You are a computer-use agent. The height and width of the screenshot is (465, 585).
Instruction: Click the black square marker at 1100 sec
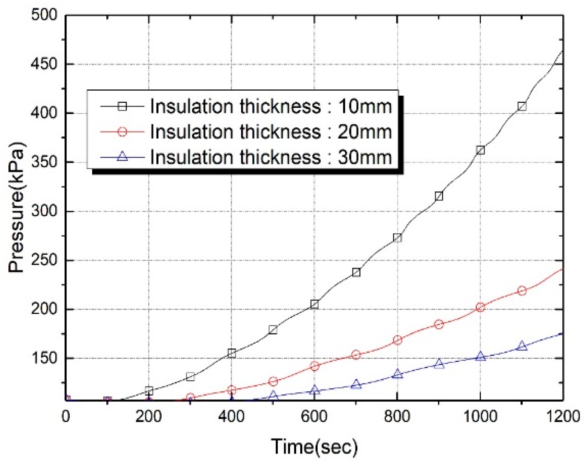coord(522,106)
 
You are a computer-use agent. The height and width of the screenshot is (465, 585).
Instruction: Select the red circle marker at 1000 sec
coord(480,307)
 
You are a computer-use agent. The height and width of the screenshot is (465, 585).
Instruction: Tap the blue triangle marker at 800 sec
coord(398,374)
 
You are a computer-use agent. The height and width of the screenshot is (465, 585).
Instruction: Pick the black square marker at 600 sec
coord(314,304)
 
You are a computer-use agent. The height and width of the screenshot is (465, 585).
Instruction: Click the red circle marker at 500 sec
coord(273,381)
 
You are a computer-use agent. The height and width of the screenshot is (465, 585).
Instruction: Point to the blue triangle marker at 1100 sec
coord(522,346)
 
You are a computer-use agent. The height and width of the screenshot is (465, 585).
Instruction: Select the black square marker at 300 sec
coord(190,377)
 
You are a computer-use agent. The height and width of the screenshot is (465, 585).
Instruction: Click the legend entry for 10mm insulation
coord(271,106)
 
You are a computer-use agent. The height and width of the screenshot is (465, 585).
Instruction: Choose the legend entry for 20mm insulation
coord(271,132)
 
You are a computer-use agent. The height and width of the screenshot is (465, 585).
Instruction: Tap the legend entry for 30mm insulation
coord(271,157)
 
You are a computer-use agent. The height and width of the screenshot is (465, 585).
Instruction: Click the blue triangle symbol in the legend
coord(122,157)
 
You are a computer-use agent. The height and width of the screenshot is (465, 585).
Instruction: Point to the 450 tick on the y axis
coord(44,64)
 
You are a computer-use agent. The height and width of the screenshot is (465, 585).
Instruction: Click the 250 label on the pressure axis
coord(44,260)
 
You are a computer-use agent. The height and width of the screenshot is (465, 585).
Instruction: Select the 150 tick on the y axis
coord(44,358)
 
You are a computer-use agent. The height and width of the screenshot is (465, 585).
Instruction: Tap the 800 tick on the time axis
coord(397,417)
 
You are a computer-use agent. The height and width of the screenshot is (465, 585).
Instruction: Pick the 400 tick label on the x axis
coord(231,417)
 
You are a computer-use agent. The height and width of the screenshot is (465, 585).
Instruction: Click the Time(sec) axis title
coord(314,447)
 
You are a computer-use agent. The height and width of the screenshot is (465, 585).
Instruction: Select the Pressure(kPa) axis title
coord(17,207)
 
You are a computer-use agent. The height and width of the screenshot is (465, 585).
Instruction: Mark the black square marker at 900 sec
coord(439,196)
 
